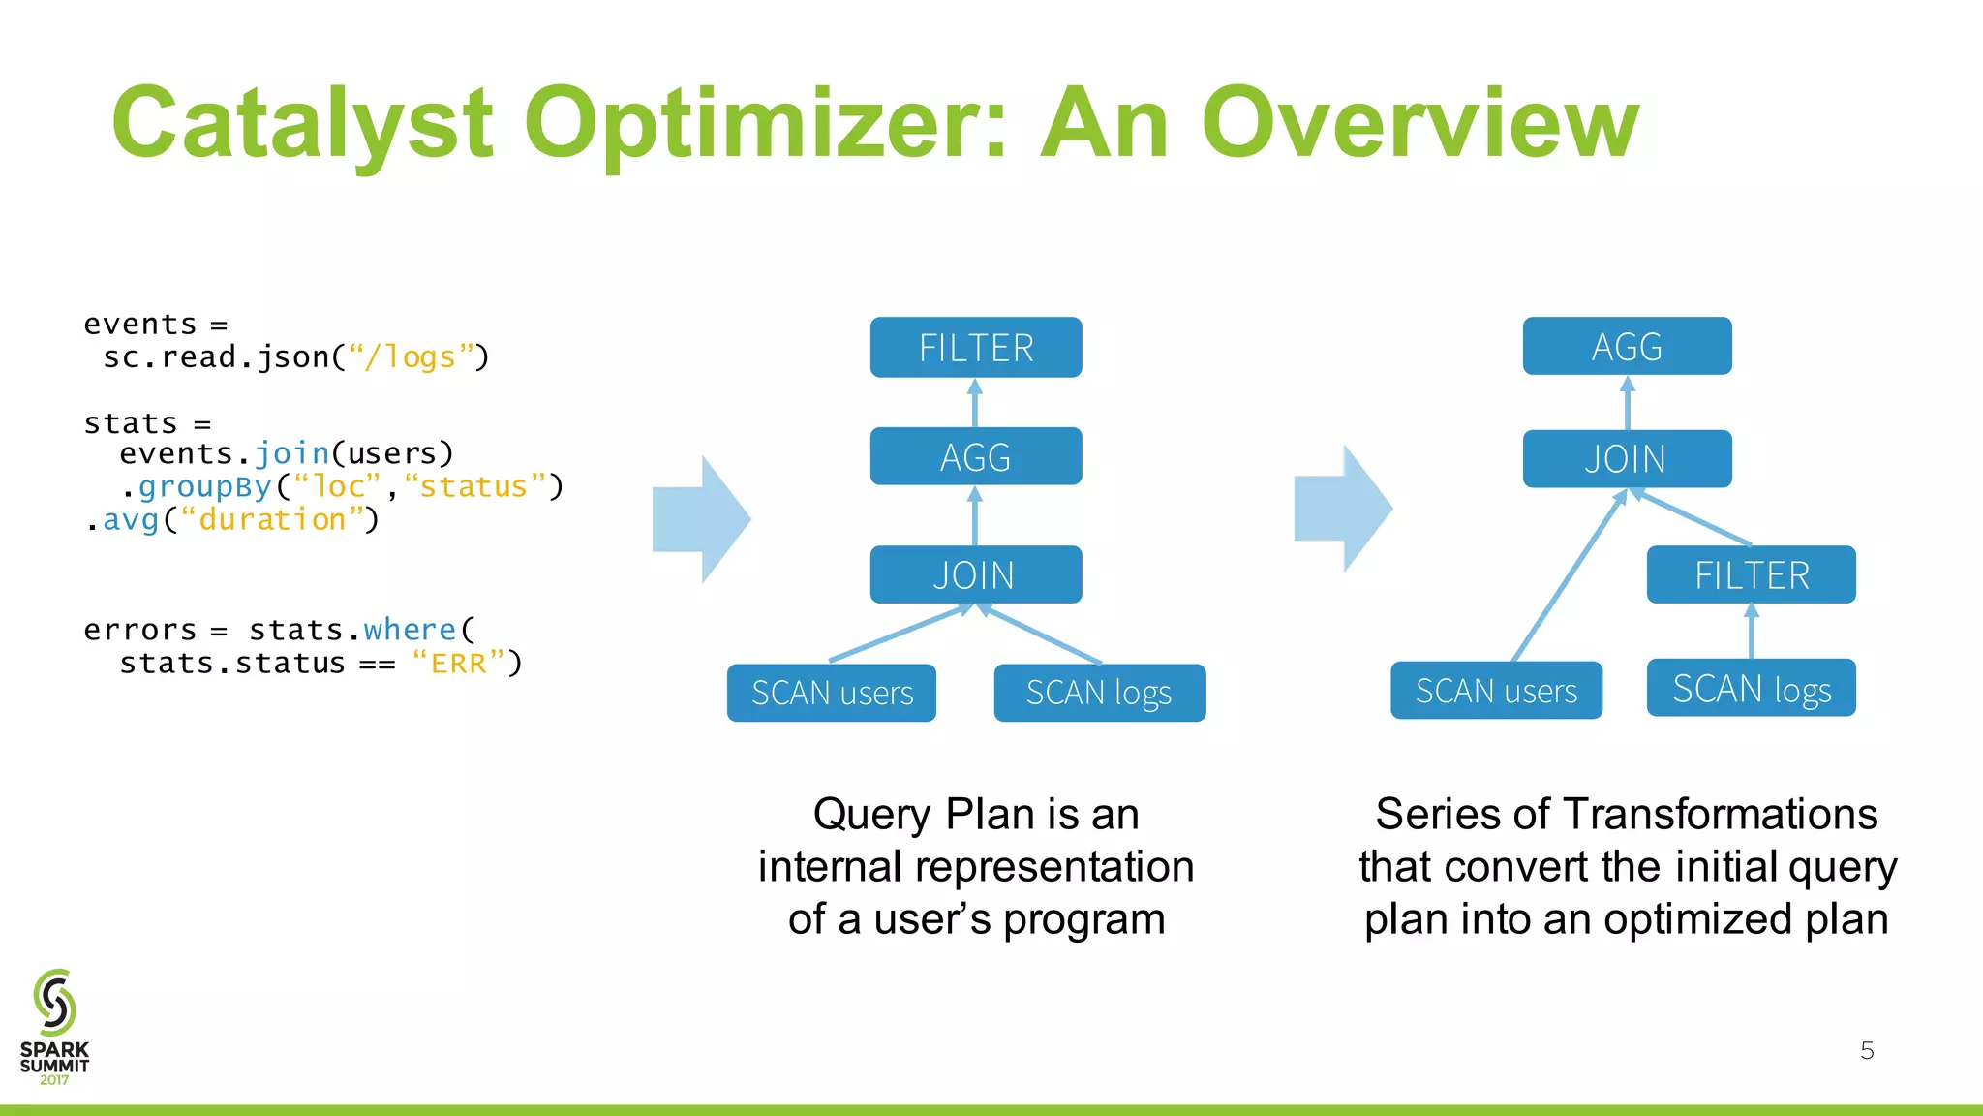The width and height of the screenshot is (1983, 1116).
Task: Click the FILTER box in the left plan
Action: (x=975, y=347)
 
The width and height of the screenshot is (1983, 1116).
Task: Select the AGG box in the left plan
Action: (x=975, y=456)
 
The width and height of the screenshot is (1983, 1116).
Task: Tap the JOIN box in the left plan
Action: (x=975, y=574)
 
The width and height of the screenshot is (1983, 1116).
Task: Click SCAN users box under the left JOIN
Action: (x=831, y=693)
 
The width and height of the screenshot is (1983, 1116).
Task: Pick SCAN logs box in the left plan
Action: (x=1099, y=693)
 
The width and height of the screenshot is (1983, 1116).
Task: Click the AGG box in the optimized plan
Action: (x=1627, y=346)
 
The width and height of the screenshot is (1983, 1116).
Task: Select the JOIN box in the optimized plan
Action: (x=1627, y=458)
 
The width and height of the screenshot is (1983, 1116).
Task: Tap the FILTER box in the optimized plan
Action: (x=1751, y=574)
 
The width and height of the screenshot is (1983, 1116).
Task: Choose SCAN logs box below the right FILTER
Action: (x=1751, y=688)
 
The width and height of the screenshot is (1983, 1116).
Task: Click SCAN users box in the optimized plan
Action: (x=1496, y=691)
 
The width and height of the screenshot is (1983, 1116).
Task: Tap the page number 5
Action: (x=1867, y=1050)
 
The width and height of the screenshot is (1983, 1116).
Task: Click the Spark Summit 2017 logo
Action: (x=54, y=1027)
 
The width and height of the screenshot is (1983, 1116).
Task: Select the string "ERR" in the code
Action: (x=458, y=664)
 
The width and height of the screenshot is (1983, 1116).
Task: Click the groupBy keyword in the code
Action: (x=204, y=486)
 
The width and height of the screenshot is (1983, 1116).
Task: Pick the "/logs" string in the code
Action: (x=411, y=357)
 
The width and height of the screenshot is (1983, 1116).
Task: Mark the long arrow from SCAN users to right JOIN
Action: (x=1569, y=577)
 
